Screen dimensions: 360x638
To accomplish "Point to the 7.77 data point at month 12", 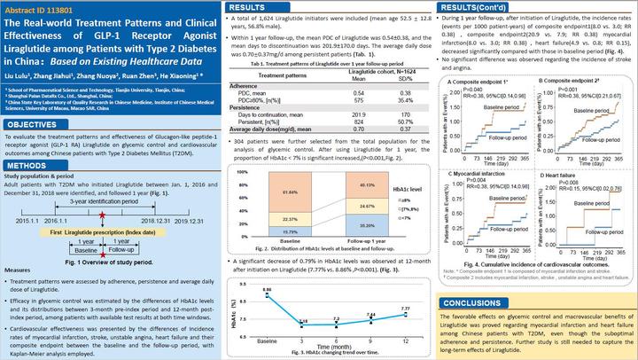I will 403,308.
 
